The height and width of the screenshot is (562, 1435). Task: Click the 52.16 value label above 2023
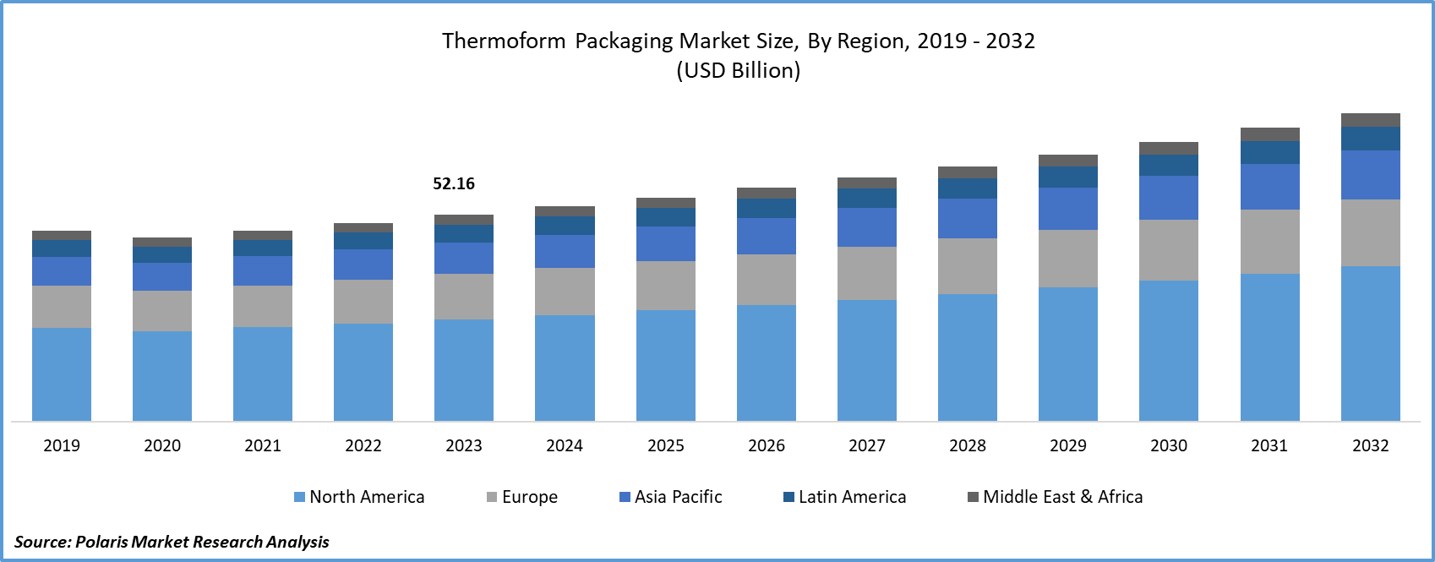click(454, 183)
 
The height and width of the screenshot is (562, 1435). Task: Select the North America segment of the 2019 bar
click(62, 374)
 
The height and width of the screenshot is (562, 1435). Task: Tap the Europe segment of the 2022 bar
click(363, 301)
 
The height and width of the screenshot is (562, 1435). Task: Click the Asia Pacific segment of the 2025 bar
click(666, 243)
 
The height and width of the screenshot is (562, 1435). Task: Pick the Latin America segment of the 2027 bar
click(867, 198)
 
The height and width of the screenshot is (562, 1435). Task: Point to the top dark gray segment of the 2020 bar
click(162, 242)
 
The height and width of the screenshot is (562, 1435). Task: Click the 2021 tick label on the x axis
click(263, 445)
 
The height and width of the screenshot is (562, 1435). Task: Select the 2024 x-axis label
click(565, 445)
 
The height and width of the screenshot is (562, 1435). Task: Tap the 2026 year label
click(767, 445)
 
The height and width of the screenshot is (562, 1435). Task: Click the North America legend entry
click(359, 497)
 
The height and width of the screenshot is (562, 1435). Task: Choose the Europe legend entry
click(522, 497)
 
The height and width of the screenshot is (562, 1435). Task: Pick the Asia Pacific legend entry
click(671, 497)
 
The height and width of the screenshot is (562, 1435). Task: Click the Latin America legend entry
click(845, 497)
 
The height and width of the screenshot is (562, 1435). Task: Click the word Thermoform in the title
click(504, 41)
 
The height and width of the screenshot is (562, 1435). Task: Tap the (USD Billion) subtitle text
click(738, 70)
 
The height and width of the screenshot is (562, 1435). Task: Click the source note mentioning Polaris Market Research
click(172, 541)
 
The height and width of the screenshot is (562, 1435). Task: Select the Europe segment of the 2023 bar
click(464, 296)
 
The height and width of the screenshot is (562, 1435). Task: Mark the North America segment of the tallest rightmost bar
click(1371, 343)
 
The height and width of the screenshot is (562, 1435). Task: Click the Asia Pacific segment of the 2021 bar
click(263, 270)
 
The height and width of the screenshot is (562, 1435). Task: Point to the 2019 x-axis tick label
click(62, 445)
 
